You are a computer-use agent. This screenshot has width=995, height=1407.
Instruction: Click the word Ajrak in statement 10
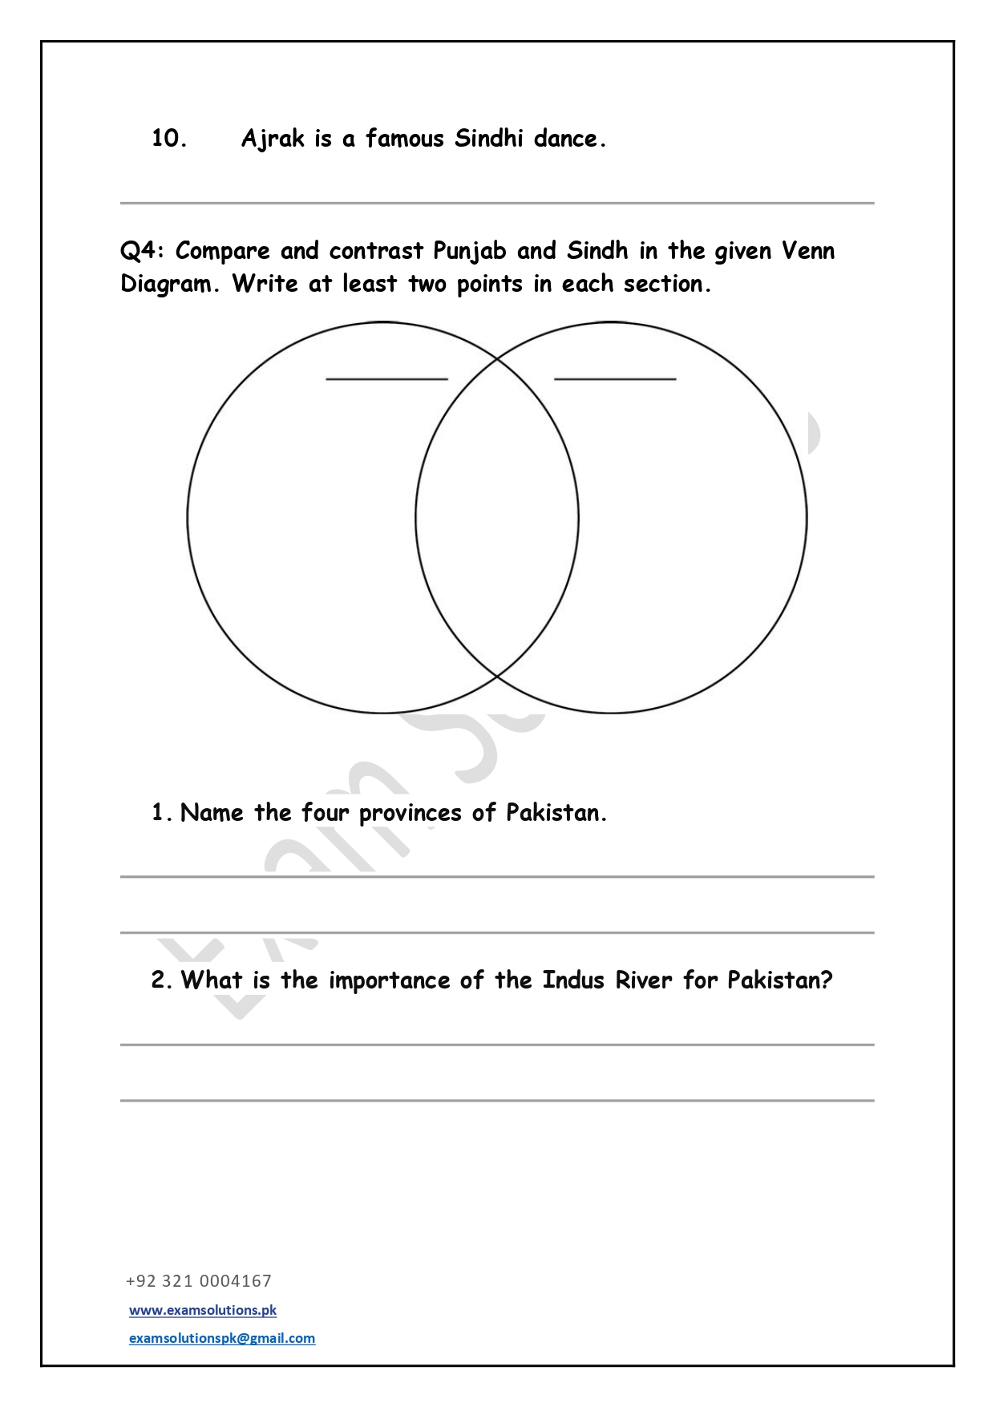tap(273, 139)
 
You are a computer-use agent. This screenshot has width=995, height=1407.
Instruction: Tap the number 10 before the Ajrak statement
tap(169, 139)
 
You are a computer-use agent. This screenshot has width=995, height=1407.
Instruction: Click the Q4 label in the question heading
tap(142, 251)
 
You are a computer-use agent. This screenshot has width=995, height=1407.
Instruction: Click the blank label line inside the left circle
tap(386, 378)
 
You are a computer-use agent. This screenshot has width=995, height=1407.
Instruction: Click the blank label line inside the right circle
tap(615, 378)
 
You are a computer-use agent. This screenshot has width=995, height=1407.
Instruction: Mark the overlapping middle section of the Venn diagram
tap(497, 518)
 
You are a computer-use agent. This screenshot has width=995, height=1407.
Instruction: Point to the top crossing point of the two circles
tap(497, 358)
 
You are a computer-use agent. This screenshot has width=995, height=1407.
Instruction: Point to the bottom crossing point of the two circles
tap(497, 677)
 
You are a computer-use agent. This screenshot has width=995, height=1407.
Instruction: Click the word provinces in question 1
tap(411, 814)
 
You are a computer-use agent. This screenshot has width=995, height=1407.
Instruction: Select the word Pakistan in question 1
tap(556, 813)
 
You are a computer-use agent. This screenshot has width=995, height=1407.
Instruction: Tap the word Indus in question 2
tap(572, 980)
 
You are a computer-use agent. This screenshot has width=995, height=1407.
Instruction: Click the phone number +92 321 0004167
tap(199, 1281)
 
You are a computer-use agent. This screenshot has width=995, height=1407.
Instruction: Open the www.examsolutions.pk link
tap(203, 1310)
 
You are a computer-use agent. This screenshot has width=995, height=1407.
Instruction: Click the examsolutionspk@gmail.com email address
tap(222, 1338)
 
